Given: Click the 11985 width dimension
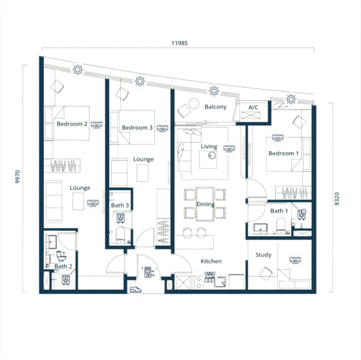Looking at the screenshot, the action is pyautogui.click(x=180, y=43).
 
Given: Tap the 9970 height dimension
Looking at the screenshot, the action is pyautogui.click(x=17, y=176).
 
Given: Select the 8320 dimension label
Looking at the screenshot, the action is pyautogui.click(x=336, y=199).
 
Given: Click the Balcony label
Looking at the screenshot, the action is pyautogui.click(x=216, y=107).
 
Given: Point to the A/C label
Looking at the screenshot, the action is pyautogui.click(x=253, y=107).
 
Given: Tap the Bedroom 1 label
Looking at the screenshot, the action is pyautogui.click(x=284, y=153).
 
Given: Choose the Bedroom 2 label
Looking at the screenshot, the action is pyautogui.click(x=72, y=124).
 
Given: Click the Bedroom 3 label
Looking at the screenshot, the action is pyautogui.click(x=137, y=127).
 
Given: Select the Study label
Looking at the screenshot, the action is pyautogui.click(x=263, y=255).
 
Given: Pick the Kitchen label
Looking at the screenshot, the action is pyautogui.click(x=211, y=261).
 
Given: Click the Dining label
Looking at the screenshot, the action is pyautogui.click(x=205, y=204).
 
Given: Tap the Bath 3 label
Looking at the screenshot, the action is pyautogui.click(x=120, y=205).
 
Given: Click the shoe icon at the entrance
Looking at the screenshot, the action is pyautogui.click(x=135, y=289).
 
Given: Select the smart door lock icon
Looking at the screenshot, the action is pyautogui.click(x=148, y=272).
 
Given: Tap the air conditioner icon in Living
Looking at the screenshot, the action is pyautogui.click(x=229, y=149).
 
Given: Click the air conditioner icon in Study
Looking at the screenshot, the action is pyautogui.click(x=295, y=260).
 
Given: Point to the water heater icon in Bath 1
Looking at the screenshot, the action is pyautogui.click(x=302, y=214).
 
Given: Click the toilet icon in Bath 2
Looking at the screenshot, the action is pyautogui.click(x=61, y=256).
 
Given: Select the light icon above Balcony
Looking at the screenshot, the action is pyautogui.click(x=214, y=91).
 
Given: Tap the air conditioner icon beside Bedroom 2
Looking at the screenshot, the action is pyautogui.click(x=97, y=125).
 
